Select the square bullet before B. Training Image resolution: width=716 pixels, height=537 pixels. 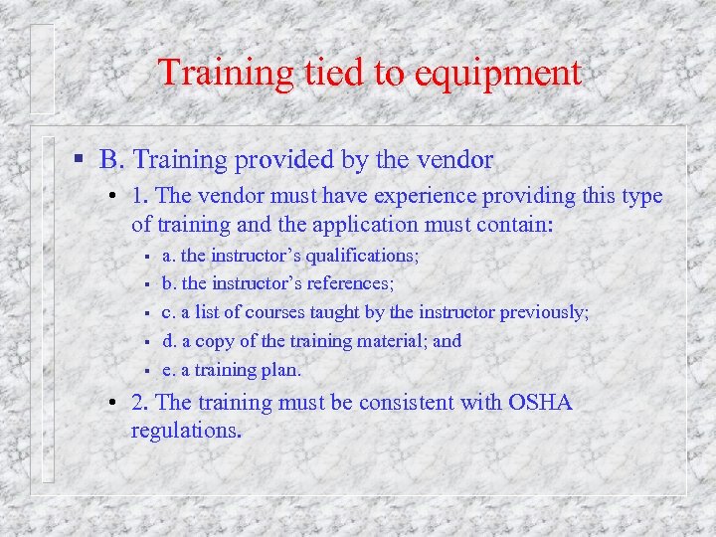point(80,159)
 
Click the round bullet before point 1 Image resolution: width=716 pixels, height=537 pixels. point(116,197)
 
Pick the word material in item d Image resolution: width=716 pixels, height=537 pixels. point(386,341)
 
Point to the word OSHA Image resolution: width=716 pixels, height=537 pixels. point(540,402)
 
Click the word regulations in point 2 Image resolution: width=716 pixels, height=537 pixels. point(184,431)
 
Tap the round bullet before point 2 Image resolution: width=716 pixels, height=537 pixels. point(116,403)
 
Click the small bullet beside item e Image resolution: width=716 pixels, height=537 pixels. point(145,371)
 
